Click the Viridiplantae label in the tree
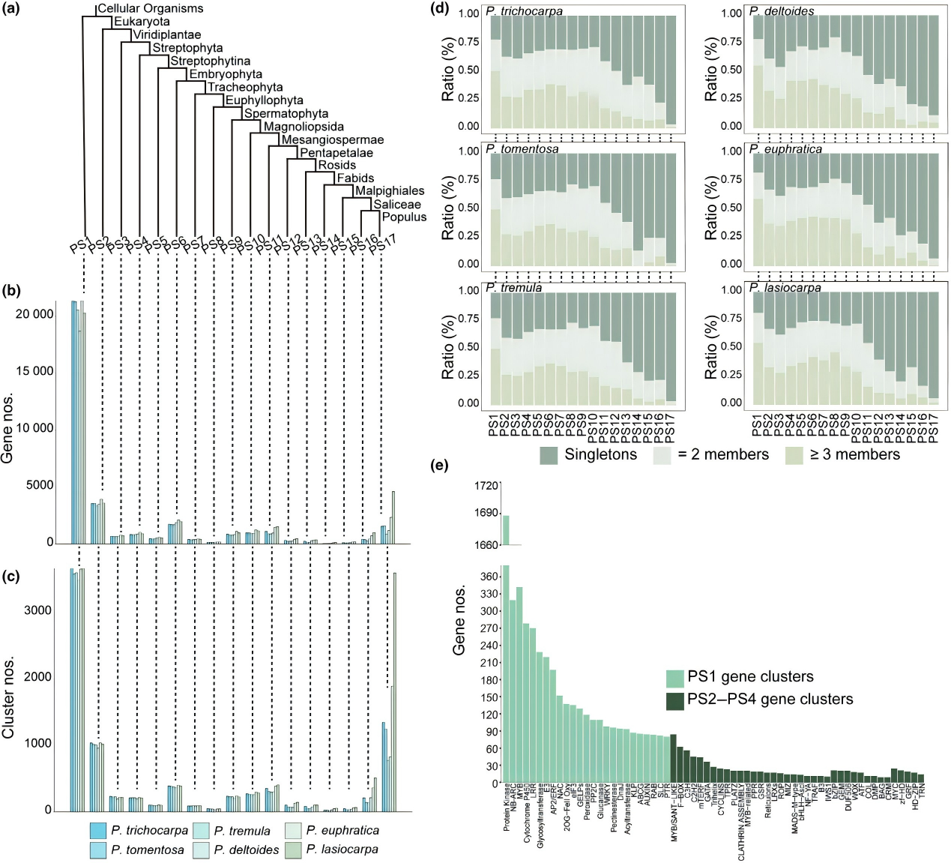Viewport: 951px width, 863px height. click(166, 34)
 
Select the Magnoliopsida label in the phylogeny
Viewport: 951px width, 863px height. click(304, 127)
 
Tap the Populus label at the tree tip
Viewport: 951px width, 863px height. click(404, 217)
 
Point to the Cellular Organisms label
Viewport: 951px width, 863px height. click(150, 8)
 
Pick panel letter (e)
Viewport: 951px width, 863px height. click(440, 466)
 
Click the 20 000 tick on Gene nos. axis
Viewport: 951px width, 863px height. click(34, 314)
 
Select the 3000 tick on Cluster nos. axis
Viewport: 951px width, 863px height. click(37, 610)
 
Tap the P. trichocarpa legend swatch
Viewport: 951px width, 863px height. click(97, 831)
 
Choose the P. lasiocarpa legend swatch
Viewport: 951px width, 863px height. click(293, 850)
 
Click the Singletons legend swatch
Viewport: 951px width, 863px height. click(549, 455)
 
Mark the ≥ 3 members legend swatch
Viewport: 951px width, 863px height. click(794, 455)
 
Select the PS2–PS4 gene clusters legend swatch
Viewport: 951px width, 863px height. click(674, 700)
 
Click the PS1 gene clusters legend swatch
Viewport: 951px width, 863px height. click(674, 677)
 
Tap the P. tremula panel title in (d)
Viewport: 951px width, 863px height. click(513, 288)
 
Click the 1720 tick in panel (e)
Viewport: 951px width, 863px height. click(486, 486)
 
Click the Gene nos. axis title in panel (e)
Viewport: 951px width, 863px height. click(459, 620)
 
